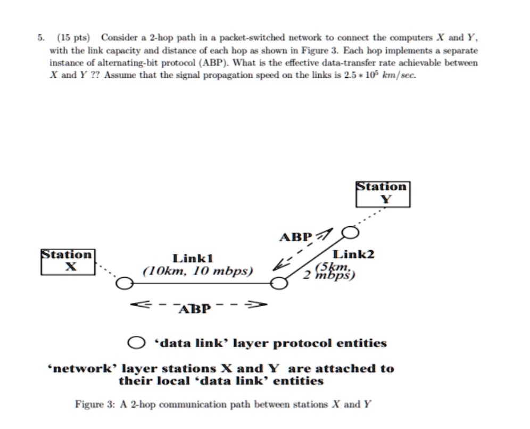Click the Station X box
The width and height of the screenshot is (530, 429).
(68, 261)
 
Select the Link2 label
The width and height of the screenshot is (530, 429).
(353, 254)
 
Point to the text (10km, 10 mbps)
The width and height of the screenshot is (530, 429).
(197, 271)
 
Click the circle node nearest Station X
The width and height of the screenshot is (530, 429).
(124, 284)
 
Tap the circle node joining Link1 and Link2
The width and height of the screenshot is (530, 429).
(278, 284)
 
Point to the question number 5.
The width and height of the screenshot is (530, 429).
(40, 38)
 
